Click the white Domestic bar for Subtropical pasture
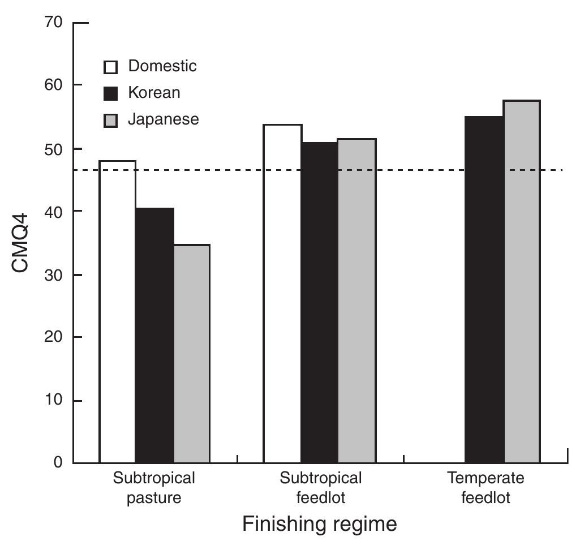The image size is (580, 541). click(118, 311)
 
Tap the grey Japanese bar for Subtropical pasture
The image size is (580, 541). click(191, 354)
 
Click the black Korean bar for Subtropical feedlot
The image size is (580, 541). click(319, 302)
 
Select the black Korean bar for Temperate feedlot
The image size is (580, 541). click(484, 289)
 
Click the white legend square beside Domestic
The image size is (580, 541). click(111, 67)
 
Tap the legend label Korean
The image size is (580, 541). click(154, 93)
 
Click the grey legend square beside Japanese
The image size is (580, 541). click(111, 120)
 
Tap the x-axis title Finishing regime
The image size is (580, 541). click(320, 524)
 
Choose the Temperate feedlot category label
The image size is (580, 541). click(486, 488)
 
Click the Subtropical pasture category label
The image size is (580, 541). click(154, 488)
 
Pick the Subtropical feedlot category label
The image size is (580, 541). click(320, 488)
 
